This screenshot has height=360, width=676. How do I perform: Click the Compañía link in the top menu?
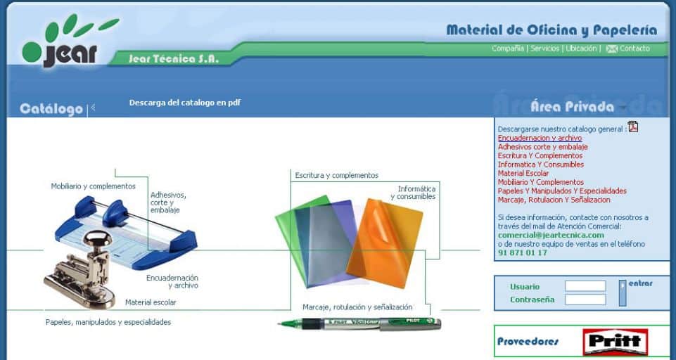tap(508, 49)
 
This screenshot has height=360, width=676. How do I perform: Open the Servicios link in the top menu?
tap(544, 49)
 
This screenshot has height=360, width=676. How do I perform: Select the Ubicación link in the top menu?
tap(581, 49)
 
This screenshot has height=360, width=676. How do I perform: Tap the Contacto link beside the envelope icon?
tap(634, 49)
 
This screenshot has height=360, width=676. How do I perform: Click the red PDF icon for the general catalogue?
tap(633, 127)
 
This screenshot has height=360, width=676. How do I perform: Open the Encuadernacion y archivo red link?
tap(540, 139)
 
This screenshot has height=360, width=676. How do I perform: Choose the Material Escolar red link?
tap(523, 173)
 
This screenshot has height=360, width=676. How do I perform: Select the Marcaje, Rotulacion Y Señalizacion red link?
tap(554, 200)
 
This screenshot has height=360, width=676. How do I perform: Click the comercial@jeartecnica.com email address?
tap(551, 235)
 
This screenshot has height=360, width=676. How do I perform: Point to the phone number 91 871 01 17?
tap(523, 252)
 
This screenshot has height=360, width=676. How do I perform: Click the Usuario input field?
tap(585, 286)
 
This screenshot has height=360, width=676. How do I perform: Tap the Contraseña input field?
tap(585, 300)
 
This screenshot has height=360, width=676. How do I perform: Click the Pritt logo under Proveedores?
tap(616, 342)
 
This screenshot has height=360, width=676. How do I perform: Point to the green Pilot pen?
tap(359, 323)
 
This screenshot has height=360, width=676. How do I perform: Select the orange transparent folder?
tap(385, 243)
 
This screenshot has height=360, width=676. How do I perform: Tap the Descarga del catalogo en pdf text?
tap(185, 103)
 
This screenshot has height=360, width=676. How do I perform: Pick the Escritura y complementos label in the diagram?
tap(337, 176)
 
